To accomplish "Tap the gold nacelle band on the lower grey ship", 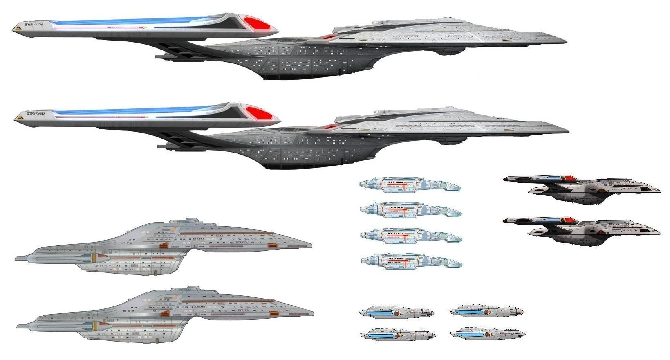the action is [x=95, y=326].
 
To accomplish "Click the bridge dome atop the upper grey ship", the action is [x=190, y=220].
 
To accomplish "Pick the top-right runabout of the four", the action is [x=486, y=312].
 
